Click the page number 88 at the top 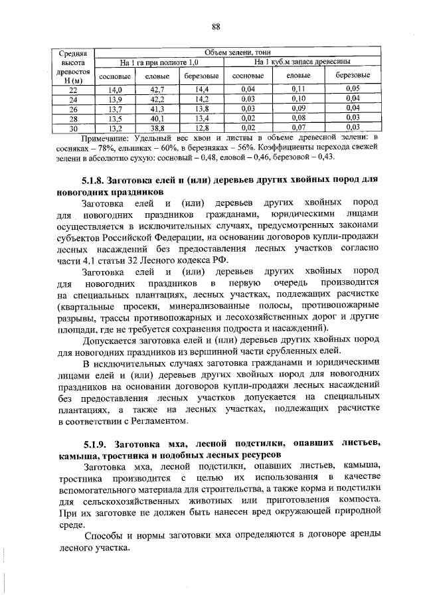[x=216, y=27]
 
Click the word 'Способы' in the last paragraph [x=103, y=536]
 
